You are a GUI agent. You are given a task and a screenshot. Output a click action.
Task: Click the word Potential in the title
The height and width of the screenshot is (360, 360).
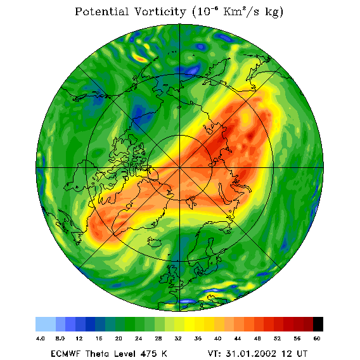[101, 11]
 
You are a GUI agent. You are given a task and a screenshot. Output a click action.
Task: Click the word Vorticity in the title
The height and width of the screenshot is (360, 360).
[160, 11]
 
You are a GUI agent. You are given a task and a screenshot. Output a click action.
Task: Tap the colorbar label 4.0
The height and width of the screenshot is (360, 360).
[41, 338]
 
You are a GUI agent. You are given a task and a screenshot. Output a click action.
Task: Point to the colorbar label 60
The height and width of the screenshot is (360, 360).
[317, 338]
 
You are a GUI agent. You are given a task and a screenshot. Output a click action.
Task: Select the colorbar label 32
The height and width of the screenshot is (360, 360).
[178, 338]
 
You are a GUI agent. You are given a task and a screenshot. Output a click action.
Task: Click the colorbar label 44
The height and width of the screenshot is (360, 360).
[238, 338]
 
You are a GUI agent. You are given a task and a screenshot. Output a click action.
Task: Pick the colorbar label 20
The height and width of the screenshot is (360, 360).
[119, 338]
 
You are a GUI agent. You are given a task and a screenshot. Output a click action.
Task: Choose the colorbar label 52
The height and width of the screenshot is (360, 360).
[277, 338]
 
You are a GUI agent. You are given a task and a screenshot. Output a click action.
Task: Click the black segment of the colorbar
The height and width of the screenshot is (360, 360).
[318, 324]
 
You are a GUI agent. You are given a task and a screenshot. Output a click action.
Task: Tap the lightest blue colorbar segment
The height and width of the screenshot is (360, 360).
[46, 324]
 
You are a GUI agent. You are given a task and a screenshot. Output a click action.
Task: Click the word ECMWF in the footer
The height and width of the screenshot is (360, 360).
[65, 354]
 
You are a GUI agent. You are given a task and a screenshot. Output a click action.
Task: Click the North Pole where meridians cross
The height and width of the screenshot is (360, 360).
[180, 168]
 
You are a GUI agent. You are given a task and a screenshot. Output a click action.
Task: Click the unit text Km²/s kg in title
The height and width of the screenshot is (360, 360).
[253, 11]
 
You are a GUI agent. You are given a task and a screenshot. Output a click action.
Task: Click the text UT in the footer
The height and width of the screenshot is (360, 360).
[301, 354]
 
